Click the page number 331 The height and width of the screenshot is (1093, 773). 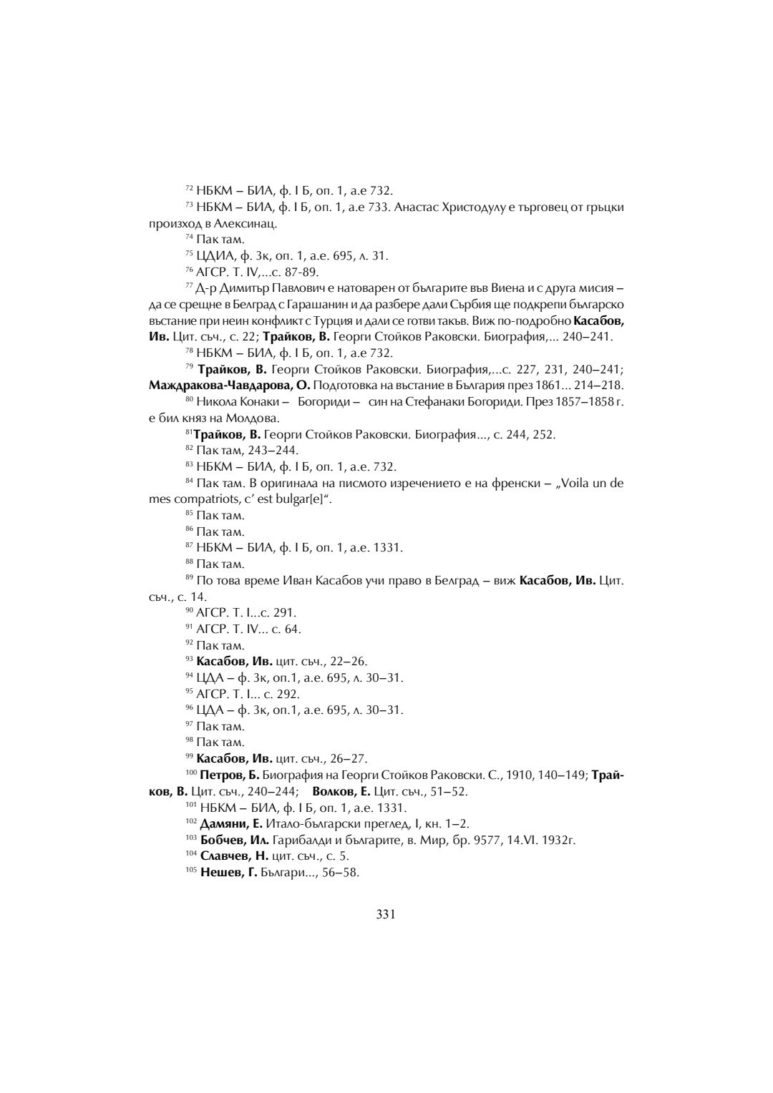386,913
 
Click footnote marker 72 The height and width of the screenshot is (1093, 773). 189,188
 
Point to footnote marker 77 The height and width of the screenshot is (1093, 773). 189,285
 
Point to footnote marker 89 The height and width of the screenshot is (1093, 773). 189,577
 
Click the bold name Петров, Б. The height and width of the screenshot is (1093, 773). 230,775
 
